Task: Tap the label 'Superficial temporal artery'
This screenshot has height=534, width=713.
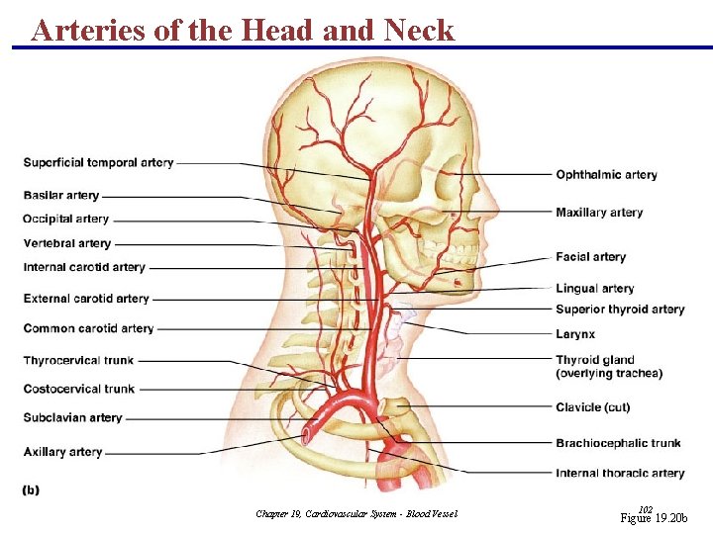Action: click(98, 162)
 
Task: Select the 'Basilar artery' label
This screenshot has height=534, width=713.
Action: click(61, 196)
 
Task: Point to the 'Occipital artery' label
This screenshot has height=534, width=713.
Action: click(65, 219)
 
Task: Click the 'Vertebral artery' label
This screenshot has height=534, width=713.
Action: click(67, 243)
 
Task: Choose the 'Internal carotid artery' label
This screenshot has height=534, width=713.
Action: click(84, 267)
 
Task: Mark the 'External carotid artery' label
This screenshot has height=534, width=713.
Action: click(86, 299)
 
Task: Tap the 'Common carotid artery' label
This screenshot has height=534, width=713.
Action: click(88, 328)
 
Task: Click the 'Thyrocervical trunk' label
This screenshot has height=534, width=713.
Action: click(78, 360)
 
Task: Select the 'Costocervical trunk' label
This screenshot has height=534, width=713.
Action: click(79, 389)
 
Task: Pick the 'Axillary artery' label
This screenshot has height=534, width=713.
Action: click(63, 452)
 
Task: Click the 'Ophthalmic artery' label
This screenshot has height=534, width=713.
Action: click(606, 175)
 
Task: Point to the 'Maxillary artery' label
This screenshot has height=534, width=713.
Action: click(599, 213)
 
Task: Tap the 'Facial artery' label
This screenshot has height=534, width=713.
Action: click(590, 257)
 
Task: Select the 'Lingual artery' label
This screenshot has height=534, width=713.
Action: click(594, 289)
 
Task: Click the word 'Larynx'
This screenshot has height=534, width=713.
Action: click(575, 334)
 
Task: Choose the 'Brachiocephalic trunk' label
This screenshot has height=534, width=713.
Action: click(618, 443)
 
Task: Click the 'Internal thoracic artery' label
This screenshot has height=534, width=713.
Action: click(620, 474)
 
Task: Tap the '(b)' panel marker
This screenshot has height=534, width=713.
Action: click(31, 489)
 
